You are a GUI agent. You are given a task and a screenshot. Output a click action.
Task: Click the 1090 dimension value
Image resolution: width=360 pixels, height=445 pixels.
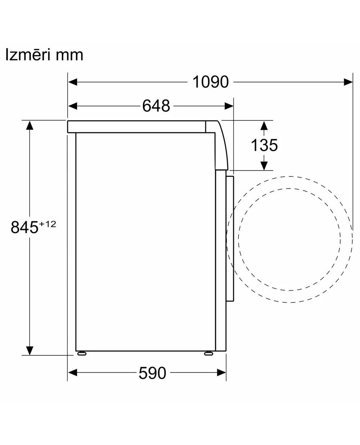(210, 82)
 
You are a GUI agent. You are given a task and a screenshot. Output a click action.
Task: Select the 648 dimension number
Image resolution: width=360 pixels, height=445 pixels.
(156, 106)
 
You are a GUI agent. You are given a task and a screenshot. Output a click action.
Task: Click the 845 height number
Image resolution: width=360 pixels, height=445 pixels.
(24, 227)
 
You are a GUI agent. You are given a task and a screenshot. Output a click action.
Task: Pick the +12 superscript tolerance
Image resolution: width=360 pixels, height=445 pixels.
(48, 224)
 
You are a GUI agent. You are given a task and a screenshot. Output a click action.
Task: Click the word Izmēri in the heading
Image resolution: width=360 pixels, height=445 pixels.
(28, 54)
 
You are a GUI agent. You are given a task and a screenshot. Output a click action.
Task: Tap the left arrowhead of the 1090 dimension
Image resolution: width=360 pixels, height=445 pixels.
(73, 82)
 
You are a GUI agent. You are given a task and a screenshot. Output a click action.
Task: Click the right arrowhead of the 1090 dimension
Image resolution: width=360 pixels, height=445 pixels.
(348, 82)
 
